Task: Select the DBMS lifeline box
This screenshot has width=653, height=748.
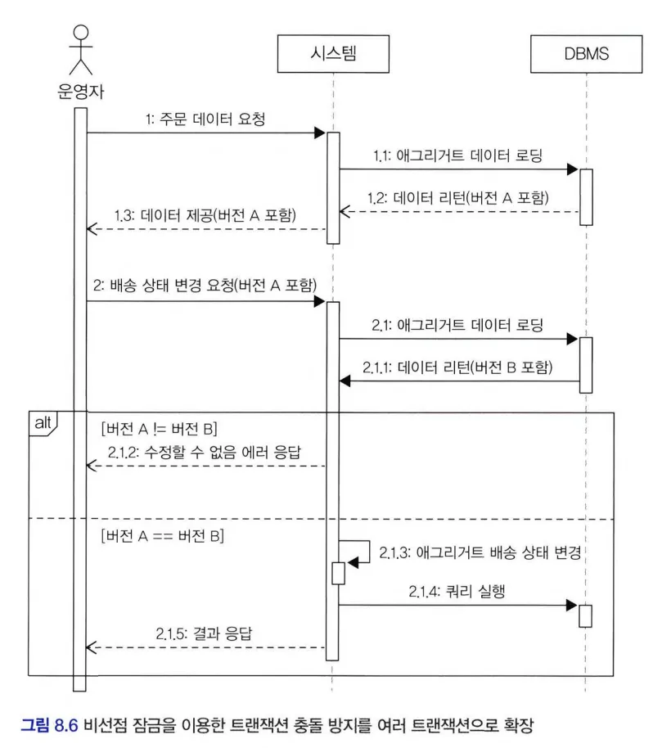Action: tap(586, 55)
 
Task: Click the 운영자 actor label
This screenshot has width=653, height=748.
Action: tap(79, 89)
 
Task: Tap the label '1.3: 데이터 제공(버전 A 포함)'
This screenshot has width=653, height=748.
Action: tap(205, 214)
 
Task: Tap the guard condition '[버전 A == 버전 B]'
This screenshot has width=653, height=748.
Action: tap(162, 537)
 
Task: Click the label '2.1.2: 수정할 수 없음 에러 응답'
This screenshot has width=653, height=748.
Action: tap(209, 452)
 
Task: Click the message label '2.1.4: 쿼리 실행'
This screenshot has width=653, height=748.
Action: tap(455, 591)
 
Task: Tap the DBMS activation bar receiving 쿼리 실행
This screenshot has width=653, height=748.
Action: tap(585, 615)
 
